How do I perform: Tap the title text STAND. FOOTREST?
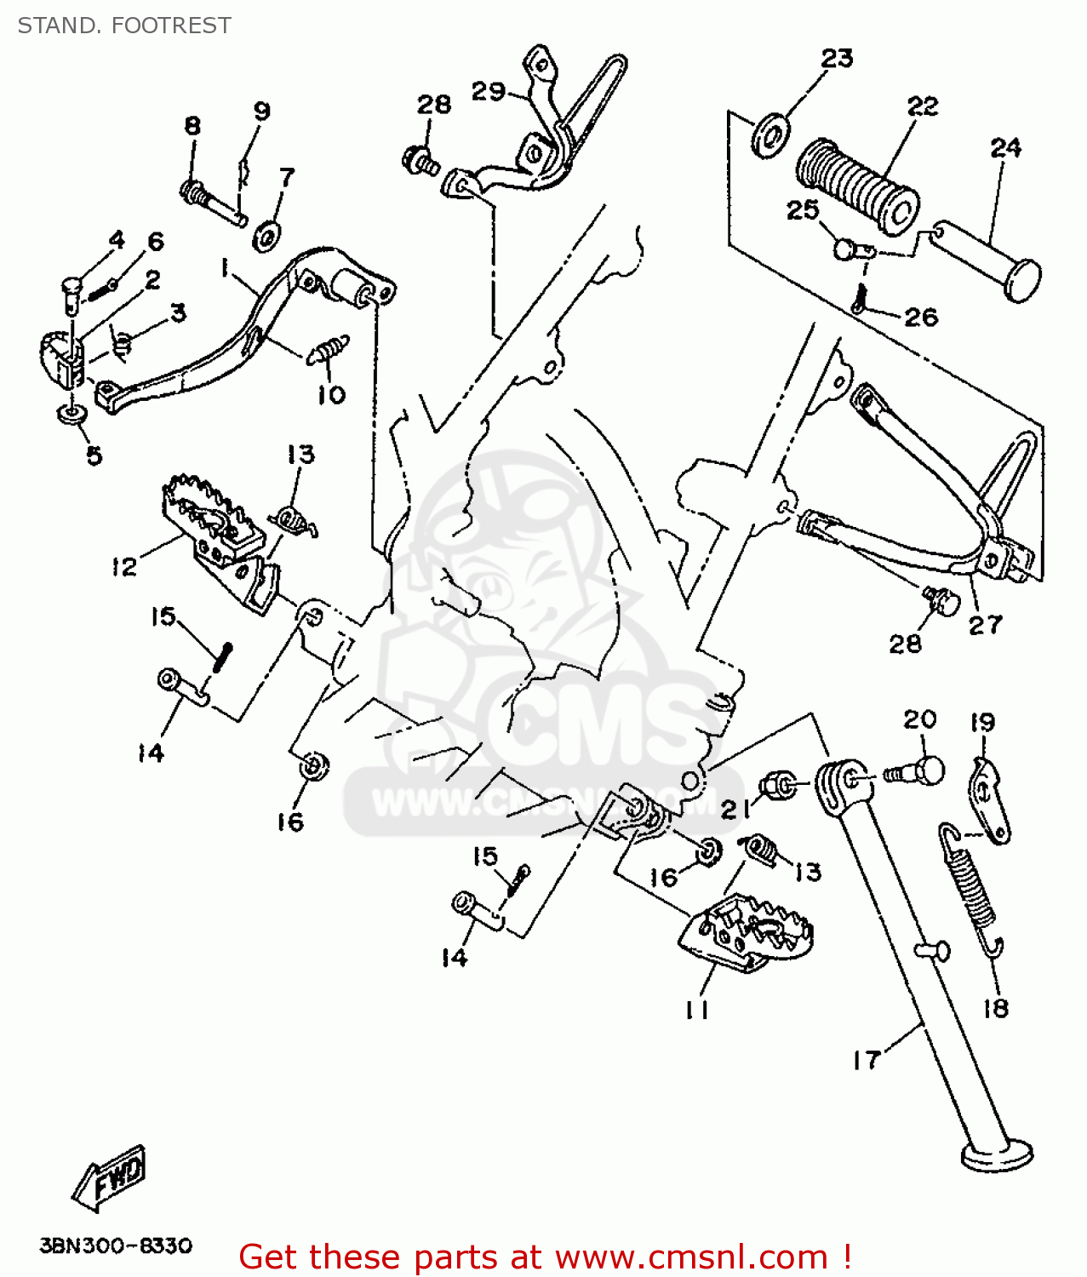124,26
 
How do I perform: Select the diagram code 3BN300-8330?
116,1246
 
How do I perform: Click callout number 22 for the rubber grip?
923,106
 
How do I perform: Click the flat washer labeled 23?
770,134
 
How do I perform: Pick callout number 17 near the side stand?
867,1060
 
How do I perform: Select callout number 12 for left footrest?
124,566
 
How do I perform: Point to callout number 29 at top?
489,91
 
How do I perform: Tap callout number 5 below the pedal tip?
94,455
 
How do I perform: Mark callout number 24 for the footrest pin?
1005,148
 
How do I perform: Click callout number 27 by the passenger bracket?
986,625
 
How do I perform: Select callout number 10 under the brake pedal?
331,395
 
